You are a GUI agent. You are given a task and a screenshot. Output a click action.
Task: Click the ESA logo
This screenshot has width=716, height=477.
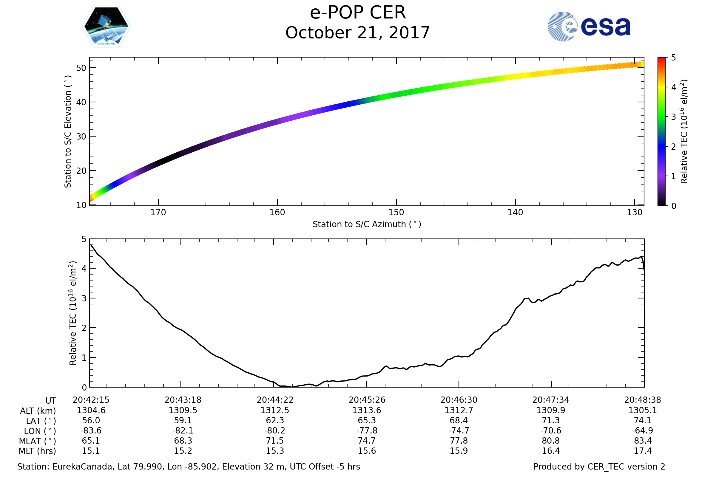[589, 27]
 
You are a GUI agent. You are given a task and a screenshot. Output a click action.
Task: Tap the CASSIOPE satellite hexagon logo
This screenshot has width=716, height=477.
[106, 27]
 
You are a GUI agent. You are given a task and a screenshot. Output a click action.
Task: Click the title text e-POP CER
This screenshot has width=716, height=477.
[358, 13]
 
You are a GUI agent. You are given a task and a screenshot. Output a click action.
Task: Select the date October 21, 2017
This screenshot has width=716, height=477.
[358, 32]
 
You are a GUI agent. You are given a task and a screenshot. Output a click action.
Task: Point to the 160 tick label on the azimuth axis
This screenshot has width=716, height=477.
[277, 212]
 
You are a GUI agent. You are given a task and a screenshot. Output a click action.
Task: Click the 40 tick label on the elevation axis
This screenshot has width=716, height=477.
[81, 102]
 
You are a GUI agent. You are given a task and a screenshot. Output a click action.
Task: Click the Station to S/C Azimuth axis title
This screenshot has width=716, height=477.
[367, 224]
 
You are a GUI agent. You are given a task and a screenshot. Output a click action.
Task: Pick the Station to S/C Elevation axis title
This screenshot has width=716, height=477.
[68, 132]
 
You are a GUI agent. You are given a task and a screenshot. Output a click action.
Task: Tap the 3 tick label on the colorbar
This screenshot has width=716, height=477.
[674, 117]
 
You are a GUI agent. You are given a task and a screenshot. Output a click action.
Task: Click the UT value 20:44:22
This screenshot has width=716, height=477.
[274, 400]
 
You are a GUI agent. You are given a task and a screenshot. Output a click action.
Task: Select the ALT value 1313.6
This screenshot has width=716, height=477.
[367, 410]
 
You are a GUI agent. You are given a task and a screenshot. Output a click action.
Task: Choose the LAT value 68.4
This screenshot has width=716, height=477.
[459, 420]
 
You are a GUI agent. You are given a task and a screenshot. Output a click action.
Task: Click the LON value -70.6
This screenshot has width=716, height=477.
[550, 430]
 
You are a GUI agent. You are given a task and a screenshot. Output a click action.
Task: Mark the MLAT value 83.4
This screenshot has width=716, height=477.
[642, 441]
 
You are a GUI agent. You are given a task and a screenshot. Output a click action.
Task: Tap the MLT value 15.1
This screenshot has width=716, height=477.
[91, 450]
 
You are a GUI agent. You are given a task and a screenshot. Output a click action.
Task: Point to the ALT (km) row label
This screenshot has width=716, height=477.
[38, 411]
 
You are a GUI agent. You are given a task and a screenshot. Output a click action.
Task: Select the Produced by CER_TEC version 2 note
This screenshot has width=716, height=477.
[599, 467]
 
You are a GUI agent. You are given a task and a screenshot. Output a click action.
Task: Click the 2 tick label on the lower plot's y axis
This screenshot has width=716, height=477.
[84, 328]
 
